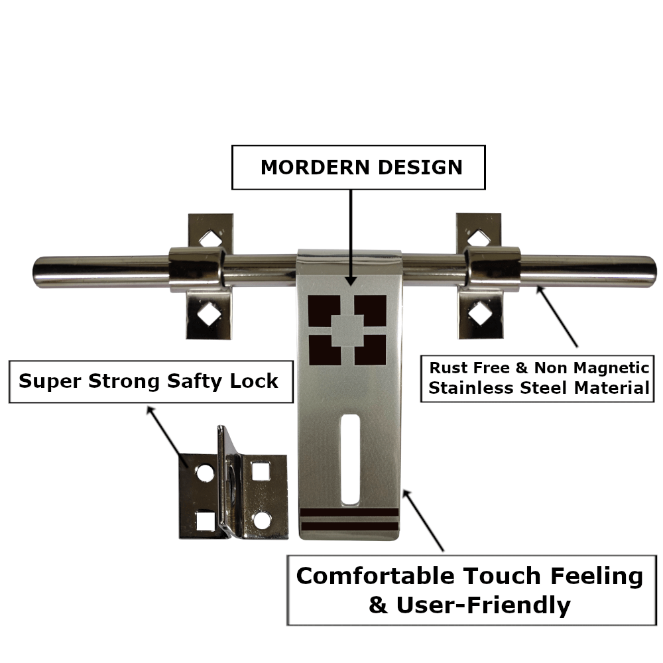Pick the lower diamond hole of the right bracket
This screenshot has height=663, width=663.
pos(479,312)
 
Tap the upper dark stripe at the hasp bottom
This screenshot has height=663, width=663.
pos(349,512)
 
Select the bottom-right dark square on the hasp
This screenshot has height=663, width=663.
pos(370,350)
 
